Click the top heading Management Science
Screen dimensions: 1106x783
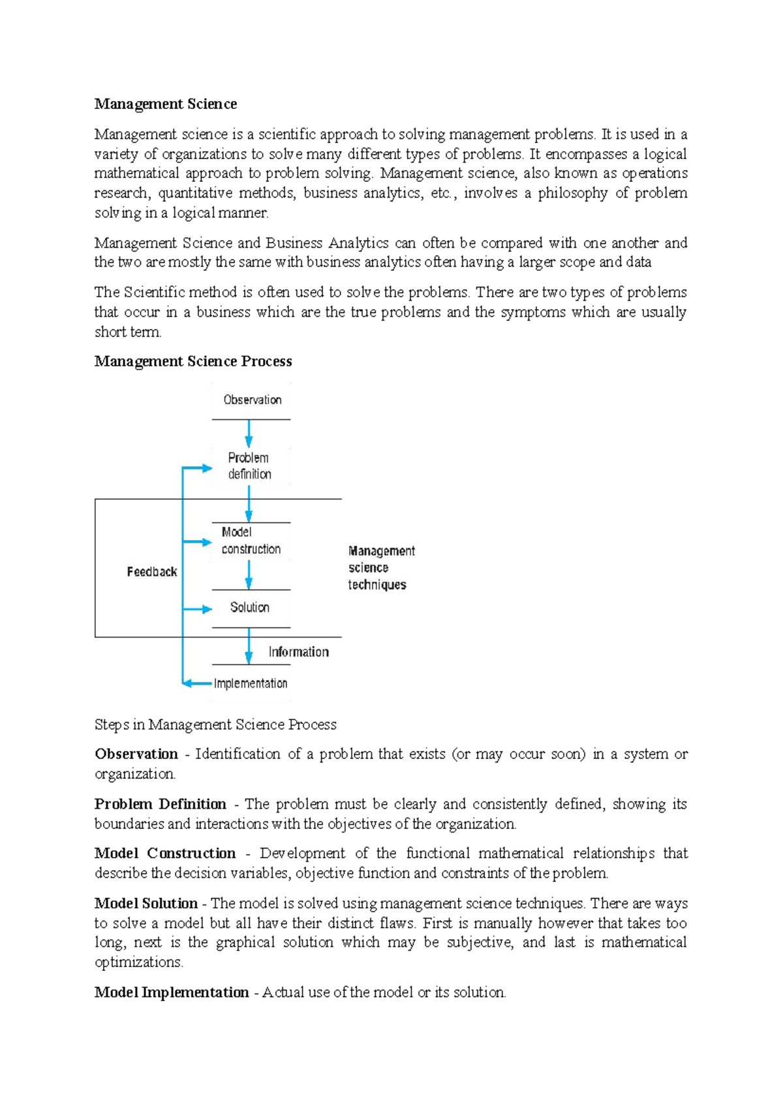pos(165,104)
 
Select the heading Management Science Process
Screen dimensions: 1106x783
pos(193,361)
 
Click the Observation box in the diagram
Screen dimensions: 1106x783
pos(252,400)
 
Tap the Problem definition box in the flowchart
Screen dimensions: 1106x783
pos(249,466)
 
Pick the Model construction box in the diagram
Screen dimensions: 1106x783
pos(251,541)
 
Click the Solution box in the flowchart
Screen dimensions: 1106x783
pos(250,607)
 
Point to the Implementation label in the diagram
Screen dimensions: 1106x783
pos(251,683)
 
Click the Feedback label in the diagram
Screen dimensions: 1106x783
pos(151,572)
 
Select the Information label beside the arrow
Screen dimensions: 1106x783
pos(298,652)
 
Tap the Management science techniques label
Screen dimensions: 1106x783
pos(380,568)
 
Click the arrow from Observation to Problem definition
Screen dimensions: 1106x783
pos(249,434)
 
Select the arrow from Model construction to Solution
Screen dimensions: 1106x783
pos(249,575)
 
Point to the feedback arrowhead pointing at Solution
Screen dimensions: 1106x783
pos(207,609)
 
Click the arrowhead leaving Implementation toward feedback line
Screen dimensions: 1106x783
pos(188,683)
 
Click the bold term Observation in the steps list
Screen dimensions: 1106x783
pos(136,754)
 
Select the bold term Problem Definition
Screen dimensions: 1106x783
pos(160,804)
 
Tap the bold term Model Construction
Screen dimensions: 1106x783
pos(165,853)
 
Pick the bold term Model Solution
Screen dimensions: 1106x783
pos(146,903)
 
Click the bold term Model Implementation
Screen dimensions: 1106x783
pos(171,993)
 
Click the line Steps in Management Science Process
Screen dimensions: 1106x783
pos(215,725)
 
